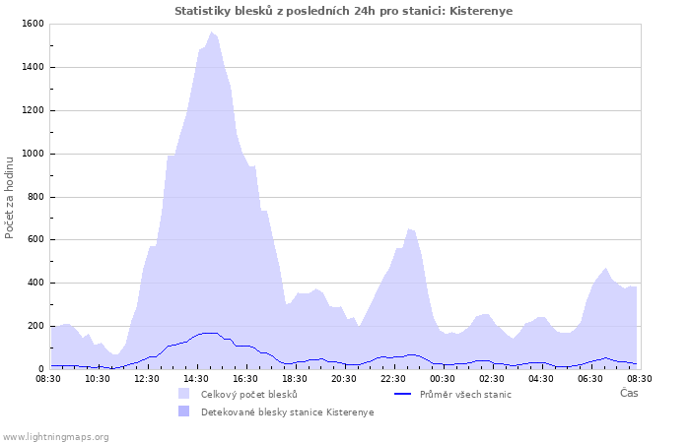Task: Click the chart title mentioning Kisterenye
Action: (x=344, y=11)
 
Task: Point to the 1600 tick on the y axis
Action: (x=33, y=24)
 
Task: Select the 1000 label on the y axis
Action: (x=33, y=154)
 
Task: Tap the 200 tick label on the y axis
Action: (x=36, y=326)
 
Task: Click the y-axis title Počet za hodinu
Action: (x=10, y=196)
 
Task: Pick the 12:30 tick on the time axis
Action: (x=147, y=378)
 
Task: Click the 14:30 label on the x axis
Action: (x=196, y=378)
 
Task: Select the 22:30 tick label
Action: (x=393, y=378)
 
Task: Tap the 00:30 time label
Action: (x=443, y=378)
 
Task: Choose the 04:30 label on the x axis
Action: (x=541, y=378)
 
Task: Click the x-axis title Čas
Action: (x=628, y=393)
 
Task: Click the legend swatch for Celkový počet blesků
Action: (x=184, y=394)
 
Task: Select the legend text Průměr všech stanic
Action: (x=465, y=394)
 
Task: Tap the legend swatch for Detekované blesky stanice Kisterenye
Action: (x=184, y=411)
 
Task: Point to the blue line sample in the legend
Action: (x=401, y=394)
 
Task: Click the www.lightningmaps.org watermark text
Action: (x=55, y=436)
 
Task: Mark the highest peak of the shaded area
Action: (x=211, y=32)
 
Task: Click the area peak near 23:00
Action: (x=408, y=228)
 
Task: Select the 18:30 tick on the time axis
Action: (x=295, y=378)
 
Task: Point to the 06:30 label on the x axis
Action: (x=590, y=378)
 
